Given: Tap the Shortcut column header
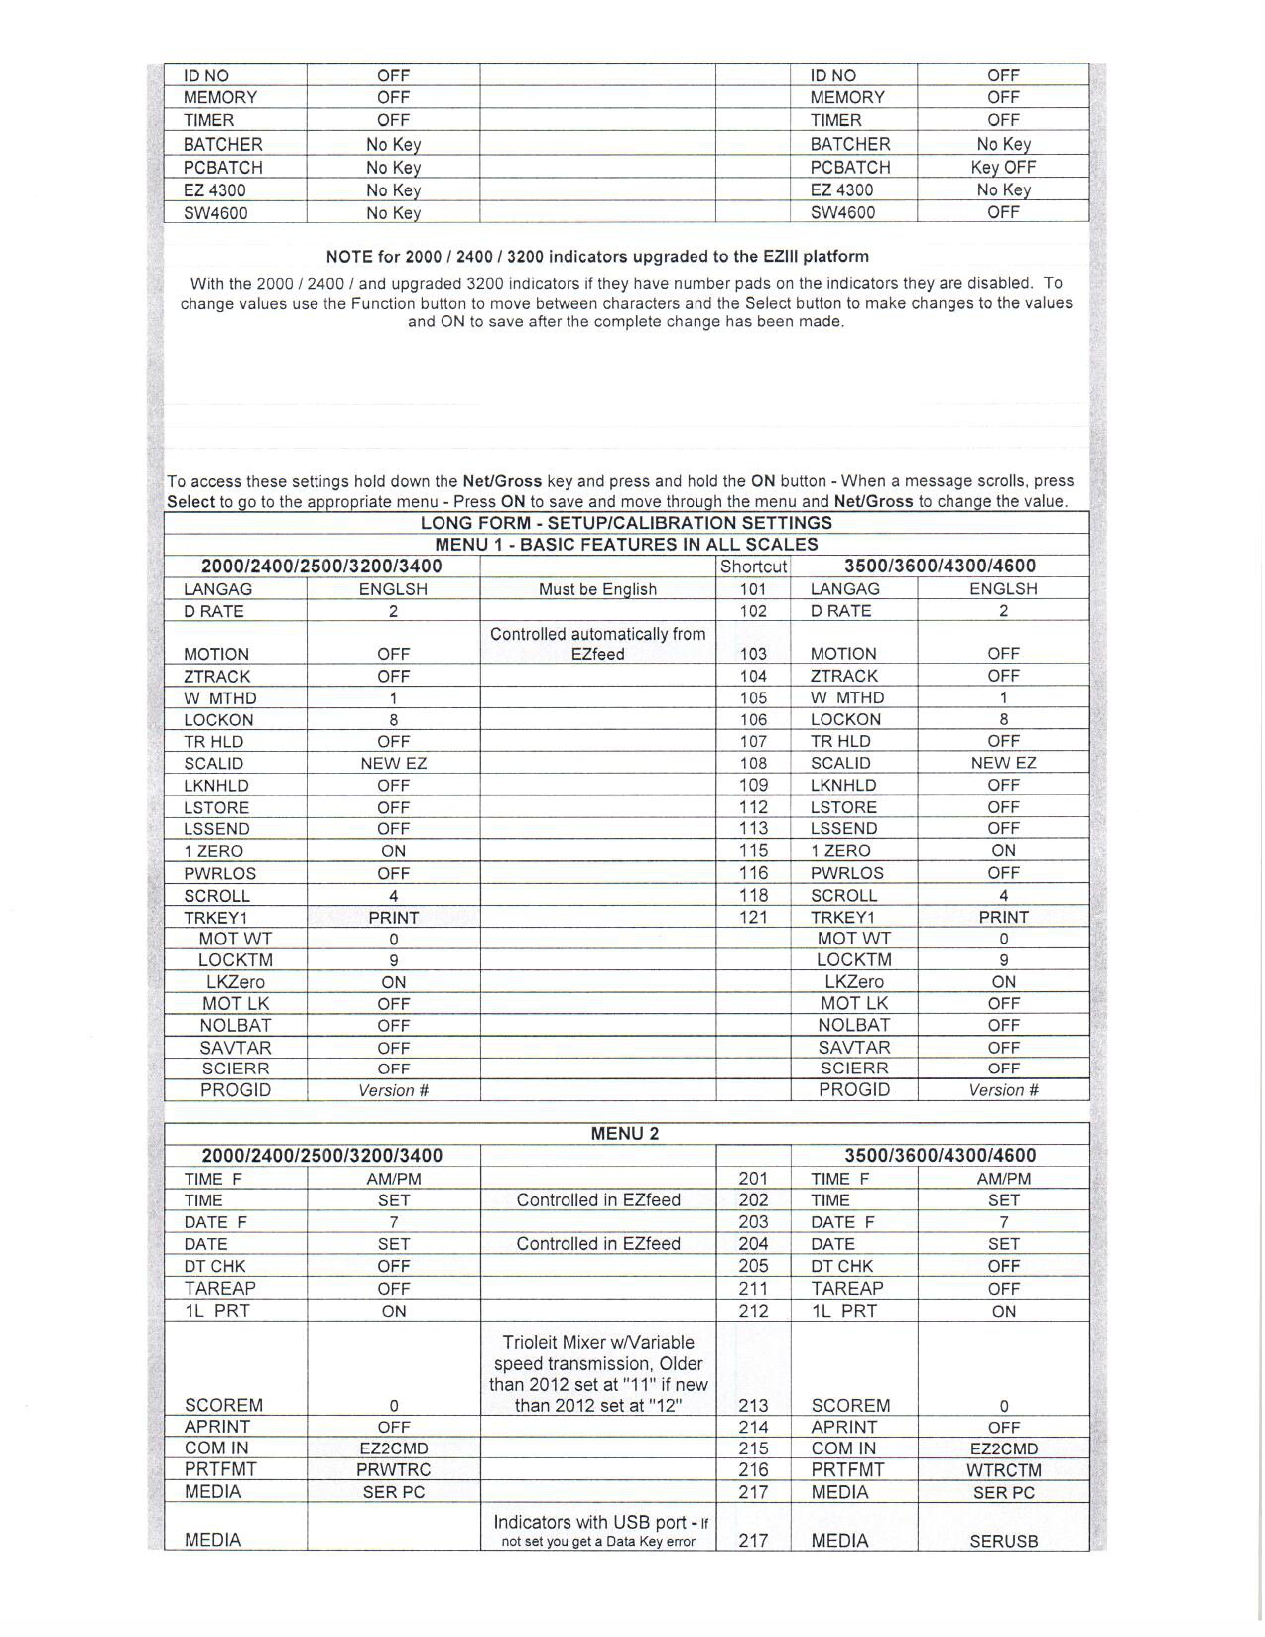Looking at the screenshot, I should pos(753,567).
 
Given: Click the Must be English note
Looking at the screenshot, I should pos(597,589).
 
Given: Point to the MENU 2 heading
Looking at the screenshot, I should pos(625,1134).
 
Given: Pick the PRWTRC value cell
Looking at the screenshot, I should pos(393,1471).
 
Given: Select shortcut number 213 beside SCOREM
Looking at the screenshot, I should pos(753,1405).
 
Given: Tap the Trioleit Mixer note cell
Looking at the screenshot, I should pos(597,1374).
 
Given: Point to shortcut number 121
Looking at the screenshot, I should pos(753,917).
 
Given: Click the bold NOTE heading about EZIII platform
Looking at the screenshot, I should pos(597,257).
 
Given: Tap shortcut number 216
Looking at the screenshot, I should pos(753,1471).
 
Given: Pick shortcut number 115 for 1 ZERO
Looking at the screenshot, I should pos(753,851).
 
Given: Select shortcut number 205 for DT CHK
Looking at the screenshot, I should pos(753,1266).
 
